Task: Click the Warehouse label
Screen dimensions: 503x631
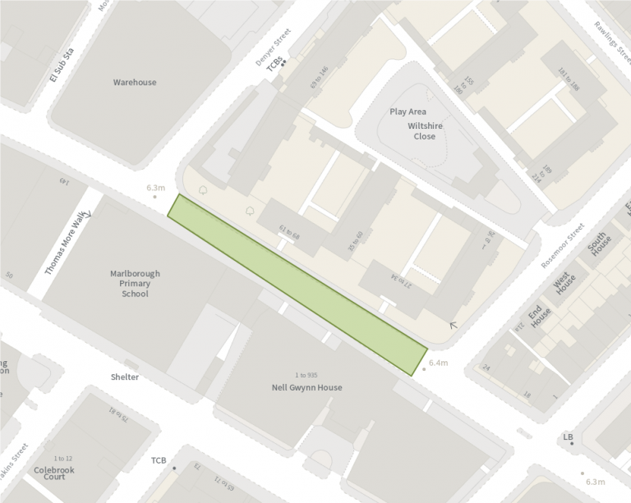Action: (x=135, y=82)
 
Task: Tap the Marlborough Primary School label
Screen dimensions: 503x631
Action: (x=135, y=283)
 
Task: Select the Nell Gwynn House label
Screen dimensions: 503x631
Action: (x=306, y=387)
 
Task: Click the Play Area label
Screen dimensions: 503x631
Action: (x=408, y=112)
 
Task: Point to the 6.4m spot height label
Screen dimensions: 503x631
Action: (x=438, y=362)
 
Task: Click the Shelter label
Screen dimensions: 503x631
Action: (x=125, y=377)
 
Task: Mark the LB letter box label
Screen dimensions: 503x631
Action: (x=567, y=437)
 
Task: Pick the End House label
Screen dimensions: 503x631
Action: (x=539, y=315)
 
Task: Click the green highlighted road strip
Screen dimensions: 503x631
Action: (x=297, y=285)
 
